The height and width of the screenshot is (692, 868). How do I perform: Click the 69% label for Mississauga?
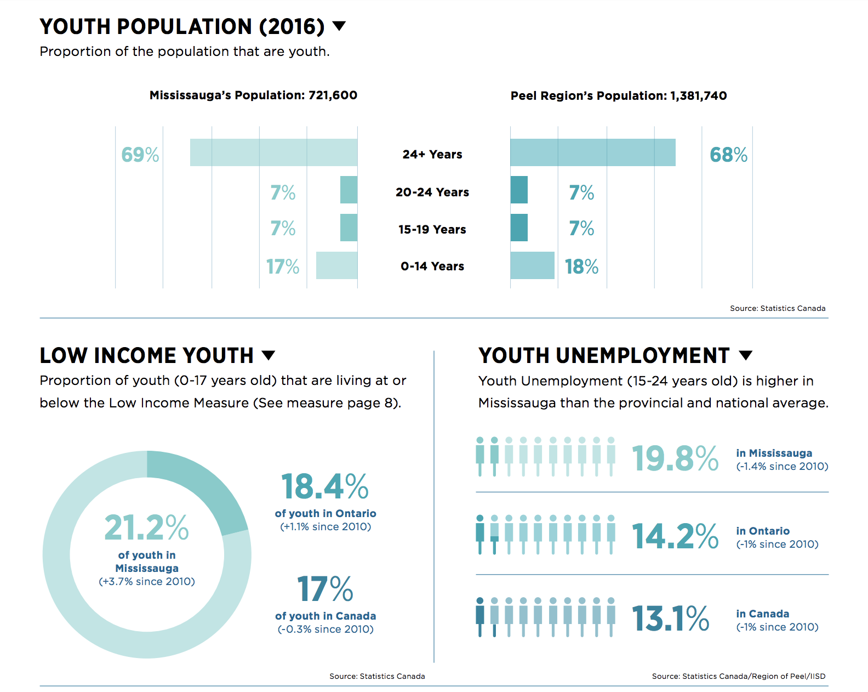[x=140, y=155]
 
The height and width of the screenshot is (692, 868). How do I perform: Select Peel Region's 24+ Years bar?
[x=592, y=152]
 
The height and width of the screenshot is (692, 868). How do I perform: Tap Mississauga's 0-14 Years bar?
[x=336, y=265]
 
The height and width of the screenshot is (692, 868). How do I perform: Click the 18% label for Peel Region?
[x=581, y=266]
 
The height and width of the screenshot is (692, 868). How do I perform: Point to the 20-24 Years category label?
[x=432, y=192]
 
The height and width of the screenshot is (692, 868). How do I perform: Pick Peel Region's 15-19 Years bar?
[x=519, y=228]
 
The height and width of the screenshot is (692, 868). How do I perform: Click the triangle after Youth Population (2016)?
[x=339, y=26]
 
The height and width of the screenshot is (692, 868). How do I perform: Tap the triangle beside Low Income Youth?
[x=269, y=355]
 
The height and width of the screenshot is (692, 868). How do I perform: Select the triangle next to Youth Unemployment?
[x=745, y=355]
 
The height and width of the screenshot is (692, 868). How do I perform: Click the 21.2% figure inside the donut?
[x=146, y=527]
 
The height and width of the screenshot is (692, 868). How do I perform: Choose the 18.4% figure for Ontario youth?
[x=325, y=486]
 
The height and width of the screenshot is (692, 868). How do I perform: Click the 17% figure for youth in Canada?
[x=325, y=589]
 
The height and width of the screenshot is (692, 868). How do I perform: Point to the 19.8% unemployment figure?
[x=675, y=458]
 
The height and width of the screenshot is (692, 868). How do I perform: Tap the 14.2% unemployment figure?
[x=675, y=536]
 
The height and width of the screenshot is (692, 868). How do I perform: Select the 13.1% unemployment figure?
[x=670, y=619]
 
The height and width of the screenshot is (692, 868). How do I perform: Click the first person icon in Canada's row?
[x=480, y=617]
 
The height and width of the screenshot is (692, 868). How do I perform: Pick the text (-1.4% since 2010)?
[x=782, y=467]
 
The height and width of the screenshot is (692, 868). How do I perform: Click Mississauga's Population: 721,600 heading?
[x=253, y=95]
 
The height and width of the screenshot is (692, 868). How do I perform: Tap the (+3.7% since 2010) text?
[x=147, y=582]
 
